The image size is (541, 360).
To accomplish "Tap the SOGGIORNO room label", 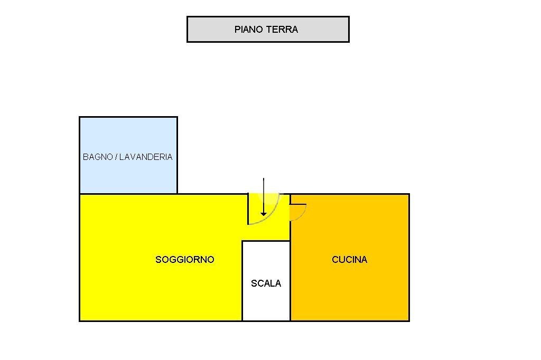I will (x=185, y=260).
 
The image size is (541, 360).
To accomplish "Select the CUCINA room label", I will (x=349, y=260).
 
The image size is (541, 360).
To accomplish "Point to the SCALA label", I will (x=266, y=283).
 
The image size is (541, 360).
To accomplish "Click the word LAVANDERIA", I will (x=146, y=157).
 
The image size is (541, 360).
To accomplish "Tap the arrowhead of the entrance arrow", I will (x=264, y=213).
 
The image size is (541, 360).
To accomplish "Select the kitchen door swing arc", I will (x=303, y=214).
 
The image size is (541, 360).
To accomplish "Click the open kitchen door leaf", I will (x=299, y=204).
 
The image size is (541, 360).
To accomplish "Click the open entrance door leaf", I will (x=248, y=209).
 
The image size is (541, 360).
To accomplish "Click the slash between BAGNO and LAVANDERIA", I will (x=116, y=157).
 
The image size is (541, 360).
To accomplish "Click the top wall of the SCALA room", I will (x=266, y=241).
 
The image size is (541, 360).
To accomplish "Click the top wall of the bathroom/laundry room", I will (x=128, y=117).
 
